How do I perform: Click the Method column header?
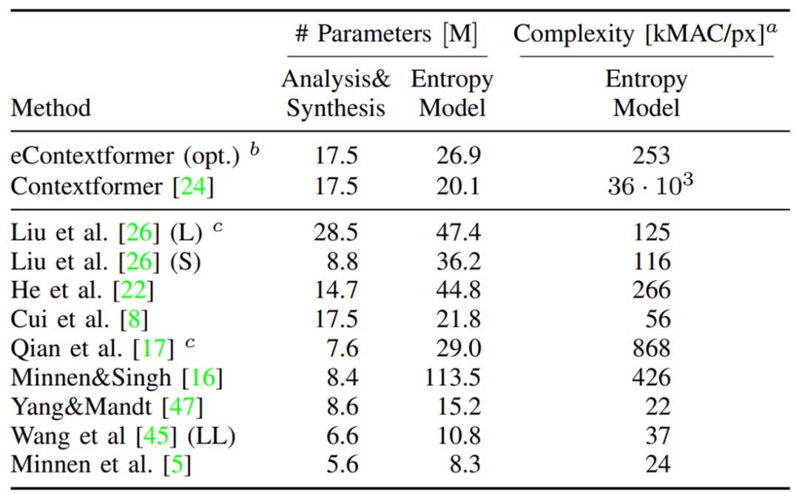50,108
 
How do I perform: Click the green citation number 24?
192,186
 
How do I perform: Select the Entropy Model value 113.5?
452,378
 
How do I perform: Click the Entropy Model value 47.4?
458,233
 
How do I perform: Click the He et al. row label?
81,290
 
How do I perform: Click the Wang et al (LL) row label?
122,435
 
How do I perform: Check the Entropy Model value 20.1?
458,186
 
